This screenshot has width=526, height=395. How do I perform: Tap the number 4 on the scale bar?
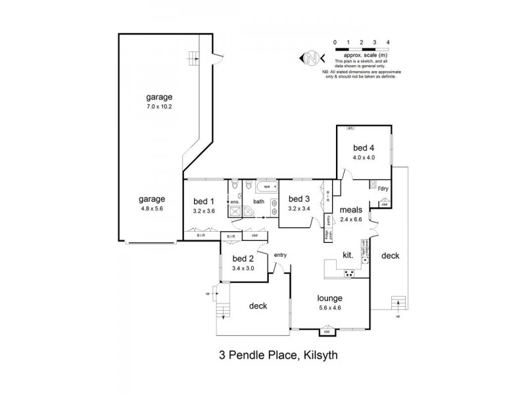click(388, 41)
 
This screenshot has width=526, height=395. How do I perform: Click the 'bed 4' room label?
click(364, 148)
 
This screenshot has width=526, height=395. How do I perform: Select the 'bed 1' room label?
click(204, 201)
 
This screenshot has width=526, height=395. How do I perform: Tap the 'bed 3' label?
click(299, 199)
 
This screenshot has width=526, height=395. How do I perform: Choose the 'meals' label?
click(352, 211)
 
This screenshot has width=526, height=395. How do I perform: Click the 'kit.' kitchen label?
click(348, 253)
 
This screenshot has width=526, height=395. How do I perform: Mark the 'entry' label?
click(281, 255)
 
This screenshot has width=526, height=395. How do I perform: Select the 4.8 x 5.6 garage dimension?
click(151, 208)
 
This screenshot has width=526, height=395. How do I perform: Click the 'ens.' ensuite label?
click(235, 202)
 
